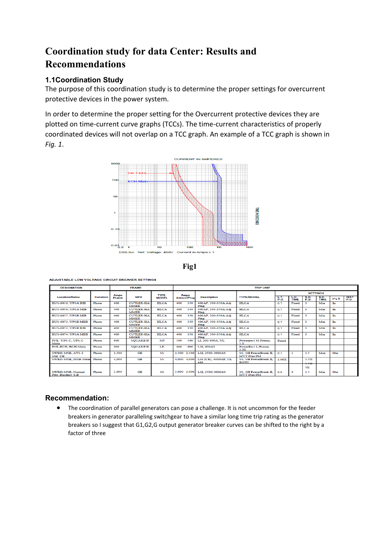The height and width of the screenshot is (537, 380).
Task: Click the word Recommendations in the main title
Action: (x=85, y=64)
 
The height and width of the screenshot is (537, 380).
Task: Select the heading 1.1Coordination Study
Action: (x=84, y=80)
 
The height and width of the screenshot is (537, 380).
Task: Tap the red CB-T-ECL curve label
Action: (x=137, y=173)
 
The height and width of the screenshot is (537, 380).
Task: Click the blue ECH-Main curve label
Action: (x=137, y=181)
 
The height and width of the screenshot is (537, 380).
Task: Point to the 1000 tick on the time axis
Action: (x=115, y=164)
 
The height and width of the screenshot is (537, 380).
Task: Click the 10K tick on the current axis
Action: (x=250, y=247)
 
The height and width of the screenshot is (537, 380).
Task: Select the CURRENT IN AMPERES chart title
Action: (x=198, y=159)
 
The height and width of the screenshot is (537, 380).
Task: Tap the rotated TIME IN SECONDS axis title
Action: (x=257, y=216)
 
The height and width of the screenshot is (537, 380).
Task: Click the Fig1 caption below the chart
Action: (x=190, y=266)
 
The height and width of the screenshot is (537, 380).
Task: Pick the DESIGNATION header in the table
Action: (x=71, y=288)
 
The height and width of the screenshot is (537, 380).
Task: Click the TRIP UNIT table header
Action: (x=262, y=288)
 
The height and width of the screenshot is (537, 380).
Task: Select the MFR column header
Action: (x=139, y=297)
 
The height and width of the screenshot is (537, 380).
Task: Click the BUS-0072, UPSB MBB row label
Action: (x=70, y=322)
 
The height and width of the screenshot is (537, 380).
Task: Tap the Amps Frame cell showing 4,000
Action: (x=118, y=359)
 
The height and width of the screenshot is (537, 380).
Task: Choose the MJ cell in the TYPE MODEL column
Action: (x=162, y=340)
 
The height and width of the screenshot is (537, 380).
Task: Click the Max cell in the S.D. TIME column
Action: (x=322, y=353)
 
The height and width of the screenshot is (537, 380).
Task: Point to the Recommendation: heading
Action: (x=77, y=398)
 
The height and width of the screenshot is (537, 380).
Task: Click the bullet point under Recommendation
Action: (x=58, y=408)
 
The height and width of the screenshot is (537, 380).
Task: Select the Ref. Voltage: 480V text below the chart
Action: (x=155, y=252)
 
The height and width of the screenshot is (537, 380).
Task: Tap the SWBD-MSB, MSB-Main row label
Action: (x=71, y=359)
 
